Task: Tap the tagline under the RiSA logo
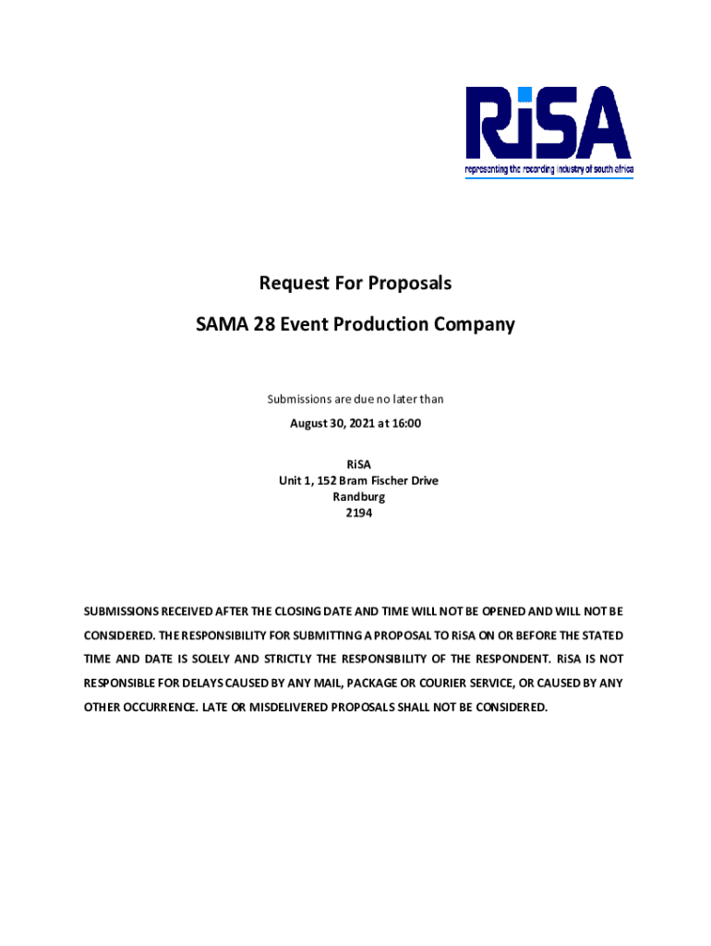point(548,171)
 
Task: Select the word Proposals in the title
point(410,283)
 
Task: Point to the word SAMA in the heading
point(222,325)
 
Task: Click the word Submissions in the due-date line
point(300,399)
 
